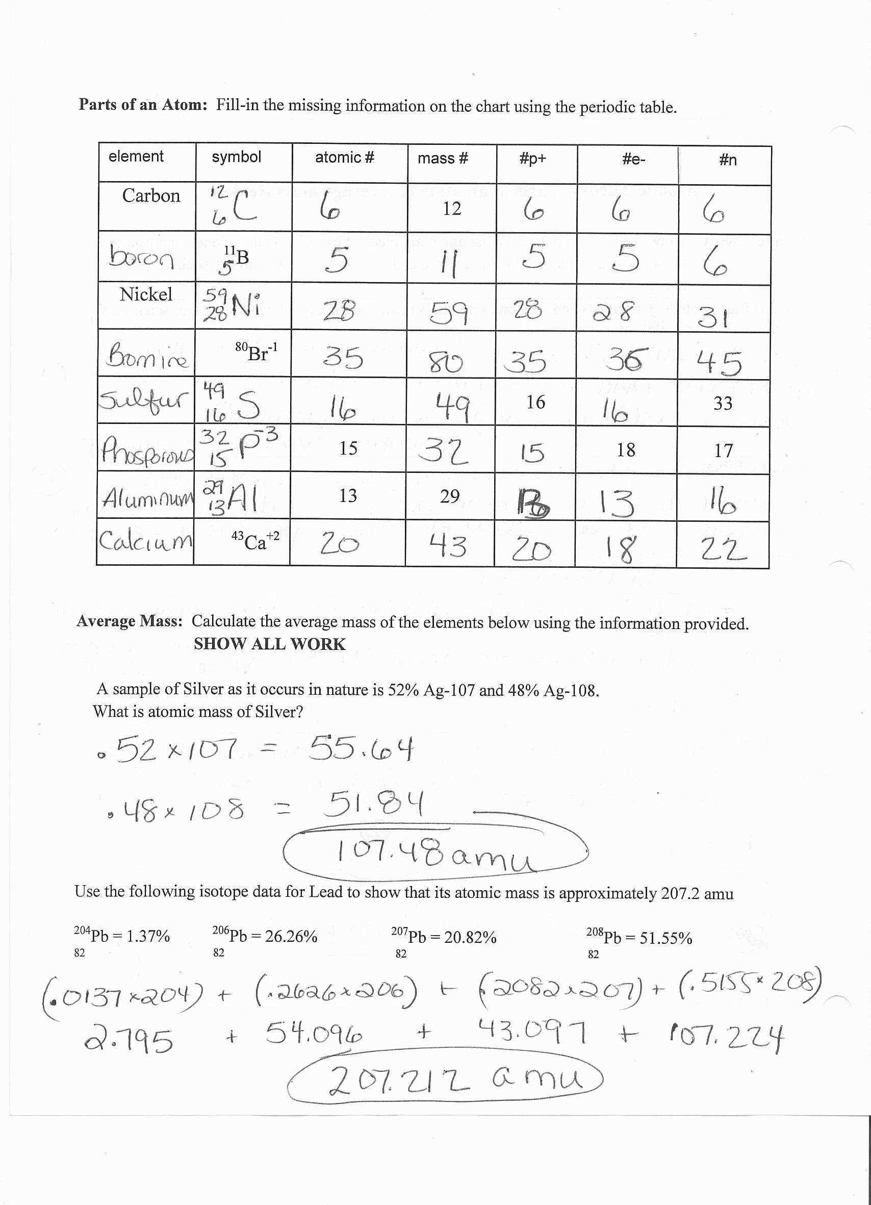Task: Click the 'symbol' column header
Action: (236, 157)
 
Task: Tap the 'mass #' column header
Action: (443, 158)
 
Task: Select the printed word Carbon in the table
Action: (151, 196)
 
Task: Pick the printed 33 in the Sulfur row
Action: (723, 404)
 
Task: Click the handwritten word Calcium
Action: (145, 541)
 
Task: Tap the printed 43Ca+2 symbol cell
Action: (255, 541)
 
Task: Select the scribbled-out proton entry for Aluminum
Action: (534, 504)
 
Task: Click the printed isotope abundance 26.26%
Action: (291, 936)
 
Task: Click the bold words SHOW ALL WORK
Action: (269, 644)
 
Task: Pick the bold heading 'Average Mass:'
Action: (130, 621)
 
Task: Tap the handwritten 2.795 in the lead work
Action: (128, 1039)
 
